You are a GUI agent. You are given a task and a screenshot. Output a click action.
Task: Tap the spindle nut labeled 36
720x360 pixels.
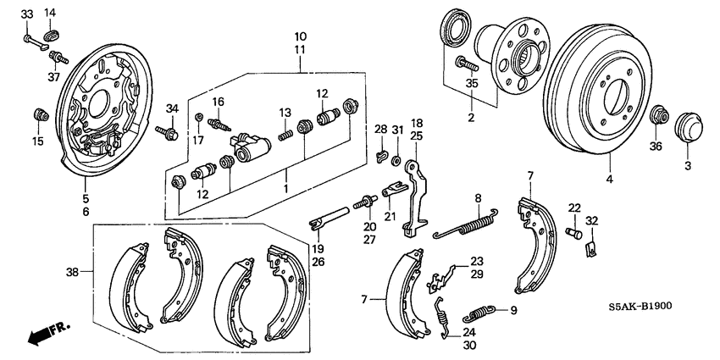(x=657, y=114)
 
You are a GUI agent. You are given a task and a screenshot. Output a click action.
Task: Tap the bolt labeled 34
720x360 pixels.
(x=166, y=130)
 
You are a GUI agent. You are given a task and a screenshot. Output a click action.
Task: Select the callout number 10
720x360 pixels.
(x=300, y=36)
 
